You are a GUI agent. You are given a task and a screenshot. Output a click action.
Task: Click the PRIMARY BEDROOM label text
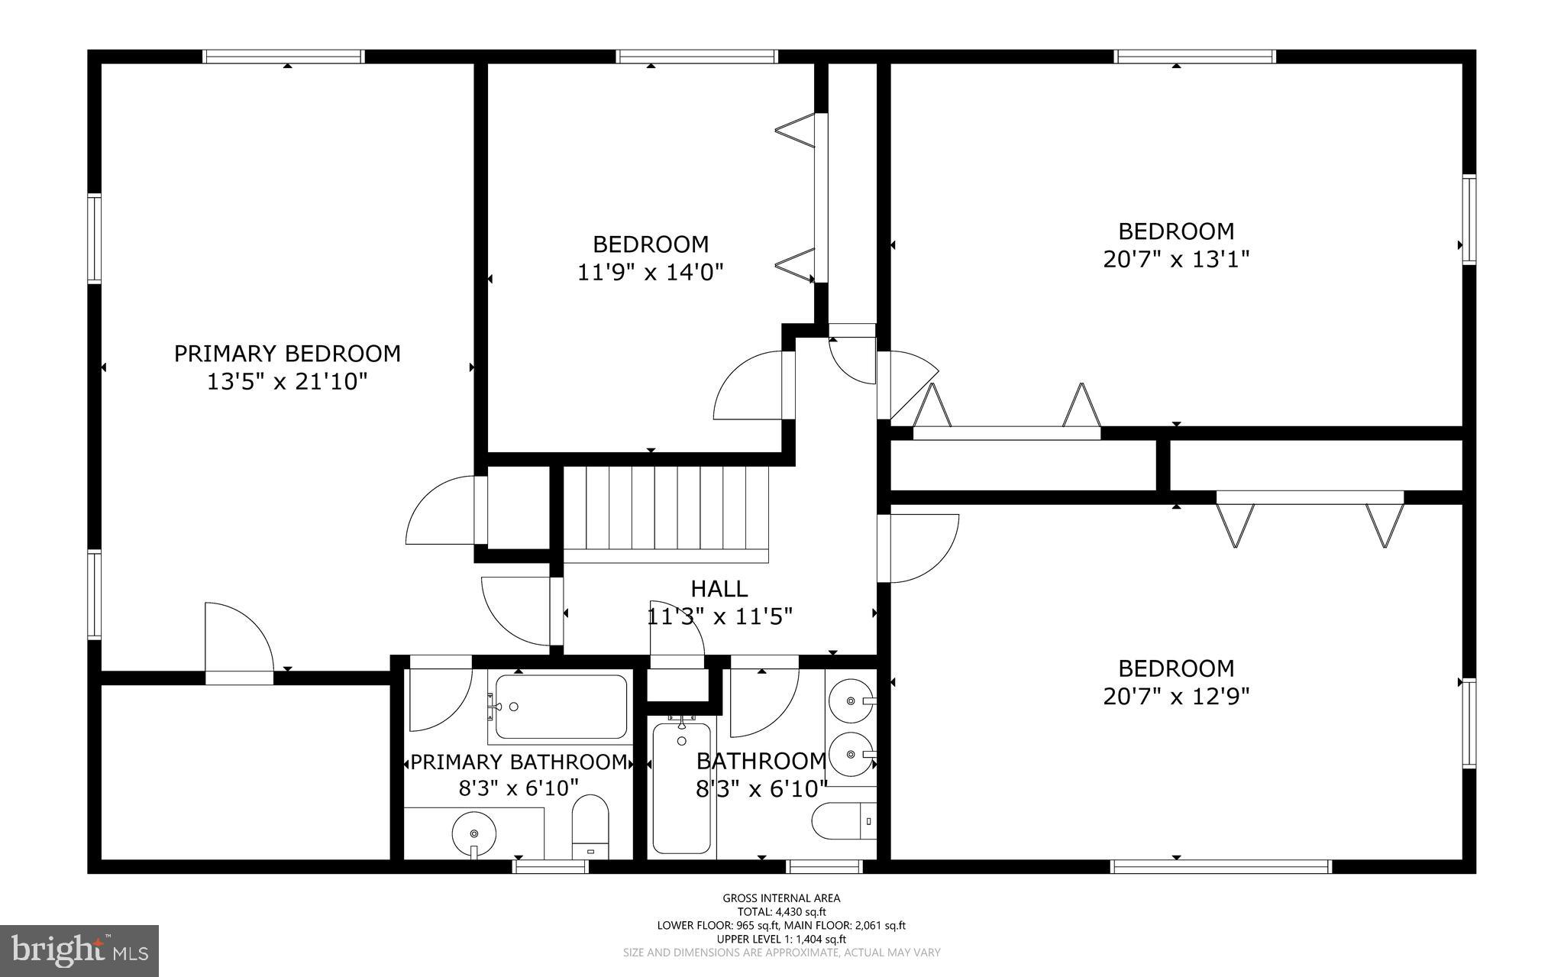(x=287, y=354)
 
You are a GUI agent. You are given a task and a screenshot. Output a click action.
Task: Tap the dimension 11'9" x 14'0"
(x=650, y=272)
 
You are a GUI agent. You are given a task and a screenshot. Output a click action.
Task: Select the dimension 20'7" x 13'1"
(x=1176, y=259)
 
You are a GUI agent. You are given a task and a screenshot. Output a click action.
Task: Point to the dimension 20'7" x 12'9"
(x=1176, y=697)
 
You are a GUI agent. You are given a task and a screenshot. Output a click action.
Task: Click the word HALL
(x=719, y=588)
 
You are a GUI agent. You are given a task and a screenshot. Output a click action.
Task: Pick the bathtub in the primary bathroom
(x=561, y=707)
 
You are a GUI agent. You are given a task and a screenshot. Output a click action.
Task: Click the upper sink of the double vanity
(x=850, y=699)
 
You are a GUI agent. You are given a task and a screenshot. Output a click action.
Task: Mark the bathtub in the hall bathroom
(x=682, y=787)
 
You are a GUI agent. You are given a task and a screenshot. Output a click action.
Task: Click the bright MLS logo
(x=79, y=950)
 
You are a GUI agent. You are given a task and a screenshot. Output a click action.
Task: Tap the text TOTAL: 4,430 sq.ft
(x=781, y=911)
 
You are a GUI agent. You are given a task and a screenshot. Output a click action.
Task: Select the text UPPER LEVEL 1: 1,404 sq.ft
(x=781, y=939)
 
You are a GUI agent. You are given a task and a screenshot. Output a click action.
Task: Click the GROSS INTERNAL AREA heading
(x=781, y=898)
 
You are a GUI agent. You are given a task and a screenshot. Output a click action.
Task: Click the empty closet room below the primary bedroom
(x=245, y=772)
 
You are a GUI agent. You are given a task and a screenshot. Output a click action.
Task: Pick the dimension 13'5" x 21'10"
(x=287, y=381)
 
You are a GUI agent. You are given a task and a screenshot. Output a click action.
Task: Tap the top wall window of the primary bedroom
(x=283, y=57)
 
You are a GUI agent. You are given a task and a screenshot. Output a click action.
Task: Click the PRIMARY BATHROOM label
(x=519, y=762)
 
